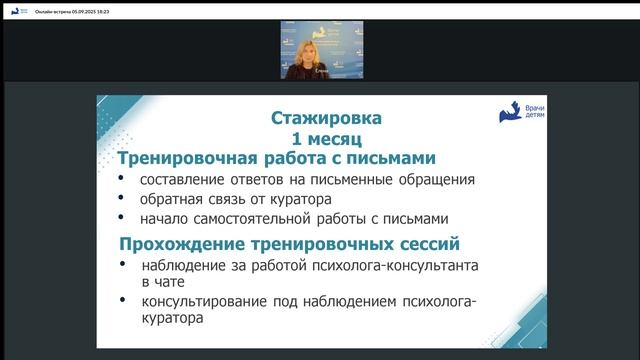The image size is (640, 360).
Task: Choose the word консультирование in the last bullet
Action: coord(206,302)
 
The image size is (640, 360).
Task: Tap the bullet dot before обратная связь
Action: coord(122,199)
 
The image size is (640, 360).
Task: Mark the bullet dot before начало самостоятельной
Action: coord(122,217)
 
